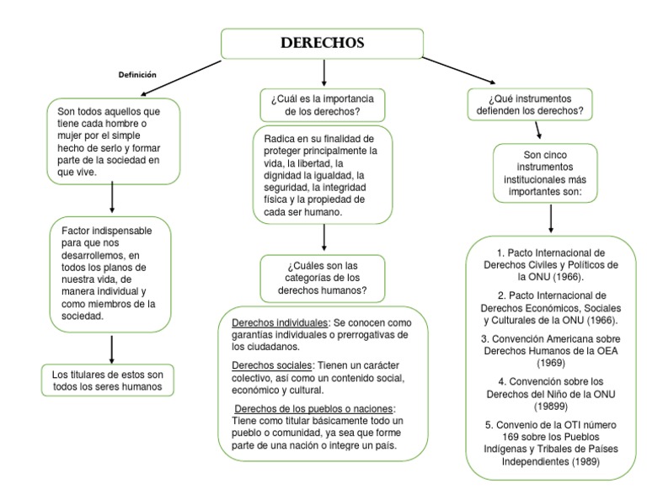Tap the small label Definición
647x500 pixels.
pos(137,75)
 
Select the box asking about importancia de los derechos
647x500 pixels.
pos(322,104)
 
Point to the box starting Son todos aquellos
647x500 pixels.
pos(113,141)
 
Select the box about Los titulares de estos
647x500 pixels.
pos(111,380)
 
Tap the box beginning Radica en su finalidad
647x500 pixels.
pos(322,174)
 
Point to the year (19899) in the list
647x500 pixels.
pos(550,404)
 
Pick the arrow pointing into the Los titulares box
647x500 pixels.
pos(111,347)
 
